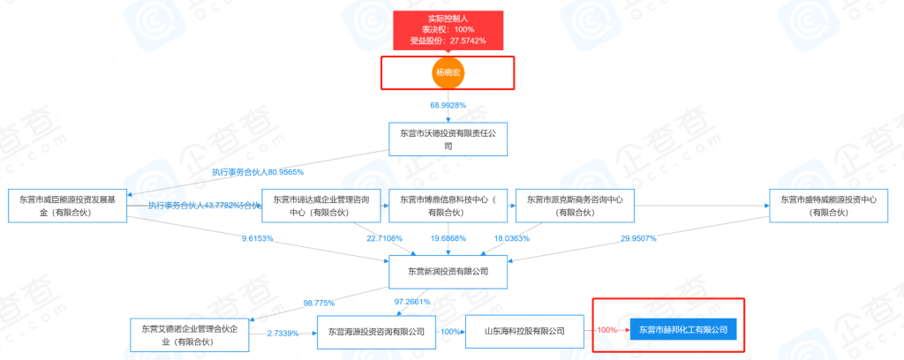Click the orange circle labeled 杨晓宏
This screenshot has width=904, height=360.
(x=448, y=72)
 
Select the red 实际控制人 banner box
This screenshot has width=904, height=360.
(x=447, y=28)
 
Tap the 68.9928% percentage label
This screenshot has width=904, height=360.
(x=448, y=106)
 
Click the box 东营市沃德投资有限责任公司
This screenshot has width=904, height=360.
(x=448, y=139)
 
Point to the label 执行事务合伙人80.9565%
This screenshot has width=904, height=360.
(x=257, y=172)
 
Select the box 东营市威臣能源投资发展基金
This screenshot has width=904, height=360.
(x=67, y=206)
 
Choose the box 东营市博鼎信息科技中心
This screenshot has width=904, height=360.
(x=448, y=206)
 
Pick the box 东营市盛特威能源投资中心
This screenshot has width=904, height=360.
(x=828, y=206)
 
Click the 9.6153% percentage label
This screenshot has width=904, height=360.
(x=258, y=239)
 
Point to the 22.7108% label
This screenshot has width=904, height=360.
(x=385, y=239)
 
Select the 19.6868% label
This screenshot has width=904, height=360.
(x=448, y=239)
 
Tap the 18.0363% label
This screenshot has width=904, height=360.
(x=511, y=239)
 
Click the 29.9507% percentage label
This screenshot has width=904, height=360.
(x=638, y=239)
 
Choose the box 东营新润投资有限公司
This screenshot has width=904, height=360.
(x=448, y=273)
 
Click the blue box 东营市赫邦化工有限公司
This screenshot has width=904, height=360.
(x=683, y=330)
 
